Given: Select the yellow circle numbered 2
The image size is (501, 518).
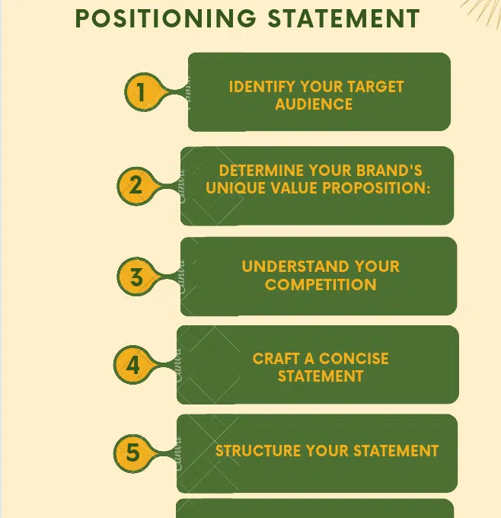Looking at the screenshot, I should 136,185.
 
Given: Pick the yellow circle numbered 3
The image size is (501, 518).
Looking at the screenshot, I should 136,277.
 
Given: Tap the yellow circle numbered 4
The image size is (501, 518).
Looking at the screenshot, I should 133,366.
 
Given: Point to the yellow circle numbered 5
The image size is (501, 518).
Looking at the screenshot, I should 133,453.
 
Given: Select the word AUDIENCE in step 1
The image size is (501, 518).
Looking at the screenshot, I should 314,104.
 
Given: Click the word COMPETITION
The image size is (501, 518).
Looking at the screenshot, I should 321,285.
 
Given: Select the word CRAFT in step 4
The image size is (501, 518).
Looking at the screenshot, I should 275,358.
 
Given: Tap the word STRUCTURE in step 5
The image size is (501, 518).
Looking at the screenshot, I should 257,451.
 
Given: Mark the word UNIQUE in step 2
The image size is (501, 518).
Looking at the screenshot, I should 231,188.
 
